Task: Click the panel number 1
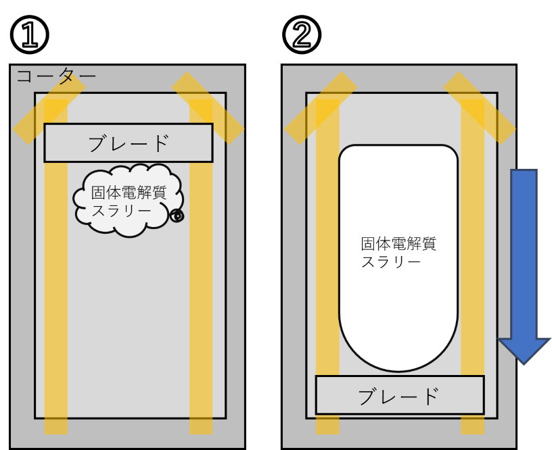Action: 28,35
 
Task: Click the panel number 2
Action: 301,35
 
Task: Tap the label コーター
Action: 56,76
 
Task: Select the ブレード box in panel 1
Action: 129,143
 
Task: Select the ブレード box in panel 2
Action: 399,395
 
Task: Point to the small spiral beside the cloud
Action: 177,216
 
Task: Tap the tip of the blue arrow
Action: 524,362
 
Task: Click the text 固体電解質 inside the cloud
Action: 129,193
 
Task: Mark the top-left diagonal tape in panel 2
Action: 320,108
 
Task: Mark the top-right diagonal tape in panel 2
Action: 480,108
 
